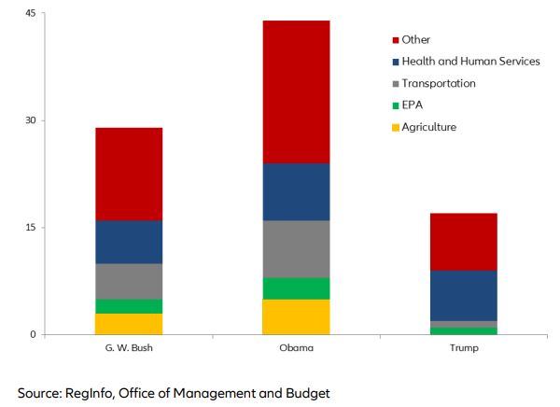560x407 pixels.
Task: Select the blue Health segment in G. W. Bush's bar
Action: click(129, 242)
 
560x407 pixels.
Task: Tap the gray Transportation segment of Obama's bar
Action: click(297, 248)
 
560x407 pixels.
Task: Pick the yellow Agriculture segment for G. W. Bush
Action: click(129, 324)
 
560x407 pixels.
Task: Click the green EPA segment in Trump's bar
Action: click(464, 330)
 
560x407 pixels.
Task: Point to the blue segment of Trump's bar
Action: click(464, 295)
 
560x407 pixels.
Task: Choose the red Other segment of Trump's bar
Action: click(464, 241)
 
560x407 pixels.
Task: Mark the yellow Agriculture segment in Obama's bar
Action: click(297, 316)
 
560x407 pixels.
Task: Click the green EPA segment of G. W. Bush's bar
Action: click(129, 306)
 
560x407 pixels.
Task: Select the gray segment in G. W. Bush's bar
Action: click(129, 281)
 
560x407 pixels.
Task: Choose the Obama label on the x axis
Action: click(297, 348)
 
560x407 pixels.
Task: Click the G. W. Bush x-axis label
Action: click(129, 348)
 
